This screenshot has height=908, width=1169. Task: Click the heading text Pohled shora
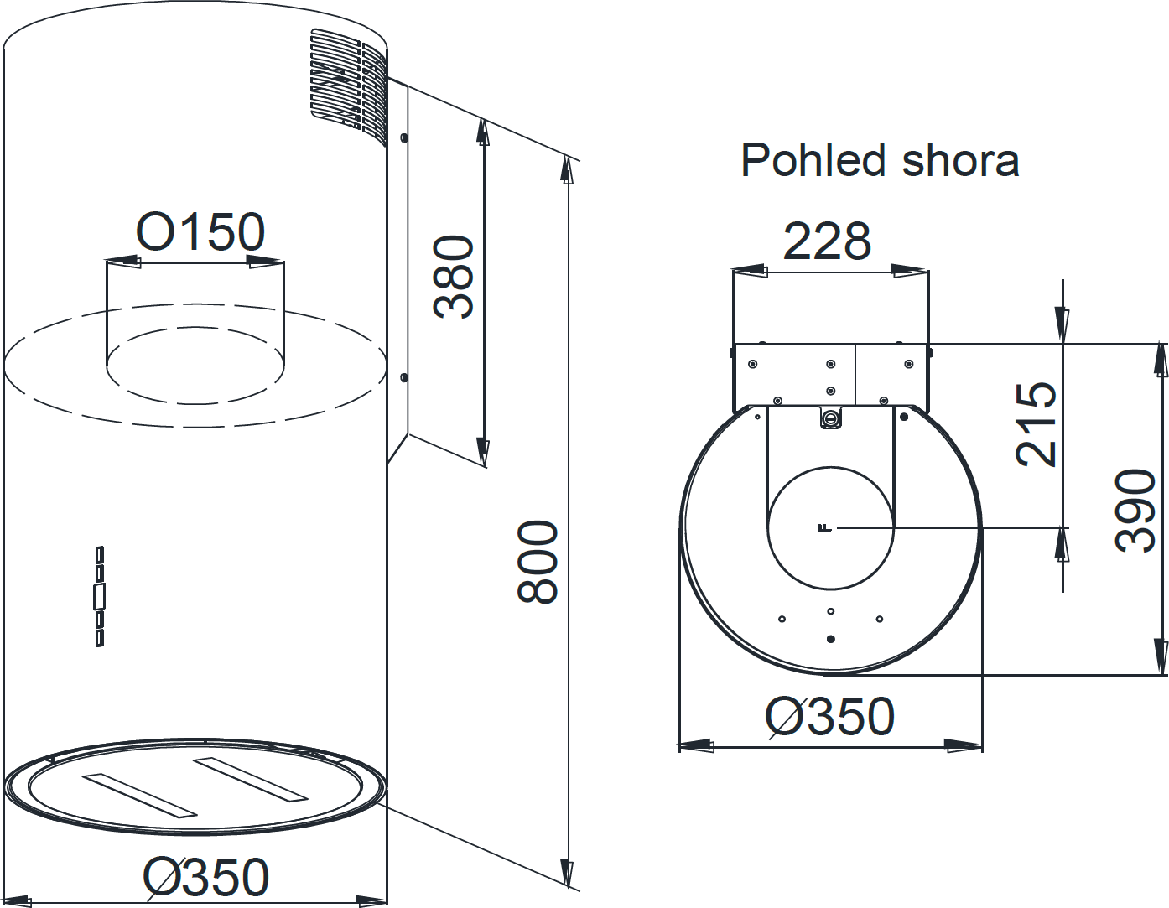click(x=880, y=160)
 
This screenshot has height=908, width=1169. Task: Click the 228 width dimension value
click(x=827, y=241)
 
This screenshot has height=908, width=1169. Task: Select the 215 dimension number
click(x=1037, y=424)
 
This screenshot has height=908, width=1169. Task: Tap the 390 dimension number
click(x=1135, y=510)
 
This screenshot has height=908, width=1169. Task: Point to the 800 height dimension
click(x=538, y=562)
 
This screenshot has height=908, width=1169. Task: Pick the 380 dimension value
click(x=454, y=277)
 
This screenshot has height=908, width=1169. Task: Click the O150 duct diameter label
click(x=200, y=232)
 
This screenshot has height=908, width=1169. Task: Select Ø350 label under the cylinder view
click(x=205, y=877)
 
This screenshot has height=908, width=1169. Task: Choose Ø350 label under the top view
click(x=829, y=717)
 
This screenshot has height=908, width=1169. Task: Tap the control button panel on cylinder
click(x=100, y=596)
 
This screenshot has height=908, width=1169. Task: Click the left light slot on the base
click(x=138, y=795)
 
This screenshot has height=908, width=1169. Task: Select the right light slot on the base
click(x=251, y=780)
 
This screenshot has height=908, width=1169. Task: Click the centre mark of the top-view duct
click(x=823, y=527)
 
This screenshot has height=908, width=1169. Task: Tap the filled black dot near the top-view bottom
click(x=830, y=639)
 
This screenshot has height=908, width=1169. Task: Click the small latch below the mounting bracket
click(x=830, y=418)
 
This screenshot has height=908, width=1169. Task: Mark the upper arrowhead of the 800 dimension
click(x=568, y=171)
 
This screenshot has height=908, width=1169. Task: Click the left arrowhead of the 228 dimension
click(x=750, y=271)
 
